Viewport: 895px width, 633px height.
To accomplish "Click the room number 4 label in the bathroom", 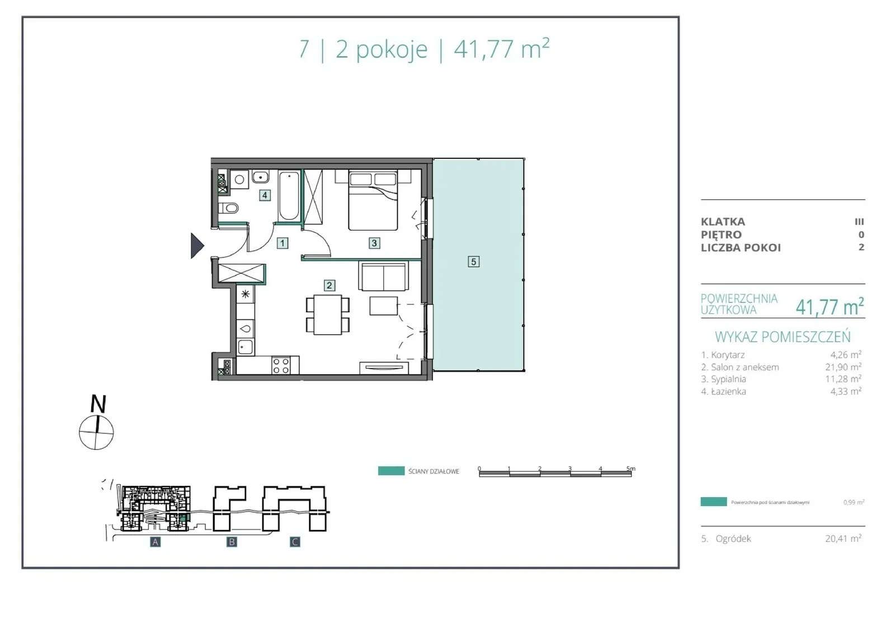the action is pos(265,195).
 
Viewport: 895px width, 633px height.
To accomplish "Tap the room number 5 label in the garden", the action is pos(473,261).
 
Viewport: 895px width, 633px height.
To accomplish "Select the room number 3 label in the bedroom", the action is pos(374,243).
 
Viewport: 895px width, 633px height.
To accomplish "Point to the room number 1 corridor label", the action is pos(282,243).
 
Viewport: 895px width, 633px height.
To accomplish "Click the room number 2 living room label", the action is pos(329,285).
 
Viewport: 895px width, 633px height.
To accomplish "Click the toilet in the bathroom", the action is pos(228,208).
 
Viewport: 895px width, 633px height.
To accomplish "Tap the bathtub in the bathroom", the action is pos(289,195).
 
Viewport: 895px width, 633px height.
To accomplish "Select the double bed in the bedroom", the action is pos(373,200).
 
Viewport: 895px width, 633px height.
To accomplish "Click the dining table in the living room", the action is pos(328,315).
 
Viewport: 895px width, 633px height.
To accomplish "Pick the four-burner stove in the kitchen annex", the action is pos(281,365).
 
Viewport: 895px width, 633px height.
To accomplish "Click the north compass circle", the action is pos(96,432).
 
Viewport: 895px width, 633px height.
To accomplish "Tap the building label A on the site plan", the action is pos(156,542).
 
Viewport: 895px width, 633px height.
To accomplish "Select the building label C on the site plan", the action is pos(295,542).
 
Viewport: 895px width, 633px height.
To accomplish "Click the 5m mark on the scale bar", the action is pos(630,468).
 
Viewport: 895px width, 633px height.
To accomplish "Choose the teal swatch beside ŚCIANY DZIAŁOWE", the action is pos(391,471).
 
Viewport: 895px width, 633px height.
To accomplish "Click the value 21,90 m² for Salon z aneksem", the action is pos(844,367).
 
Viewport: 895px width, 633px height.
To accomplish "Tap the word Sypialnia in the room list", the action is pos(728,379).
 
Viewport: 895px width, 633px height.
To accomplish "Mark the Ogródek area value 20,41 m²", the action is pos(844,538).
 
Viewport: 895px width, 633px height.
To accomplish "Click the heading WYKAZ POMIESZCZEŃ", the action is pos(783,337).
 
